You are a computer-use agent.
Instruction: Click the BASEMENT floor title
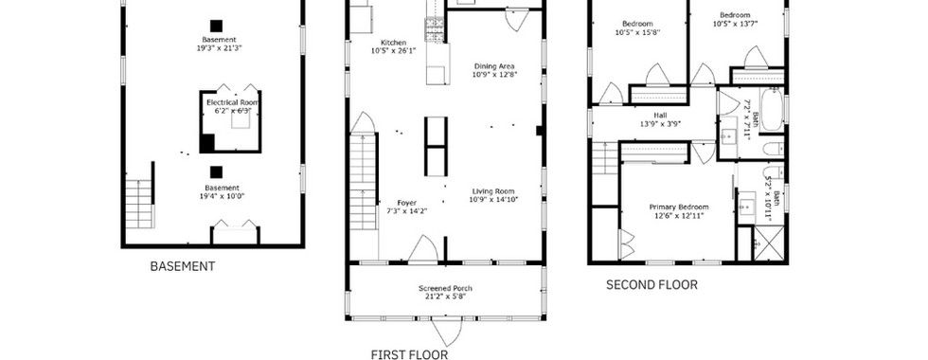coord(182,266)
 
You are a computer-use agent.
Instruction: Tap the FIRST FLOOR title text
coord(409,354)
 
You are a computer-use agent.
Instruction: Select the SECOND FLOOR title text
coord(651,285)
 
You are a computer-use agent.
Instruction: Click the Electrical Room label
coord(233,102)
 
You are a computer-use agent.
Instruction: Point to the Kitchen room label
coord(394,43)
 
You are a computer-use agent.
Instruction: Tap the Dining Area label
coord(493,66)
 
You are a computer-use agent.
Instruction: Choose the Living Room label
coord(493,190)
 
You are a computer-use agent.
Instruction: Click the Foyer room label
coord(406,203)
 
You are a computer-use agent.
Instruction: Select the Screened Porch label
coord(446,288)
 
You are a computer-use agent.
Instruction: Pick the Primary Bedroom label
coord(679,207)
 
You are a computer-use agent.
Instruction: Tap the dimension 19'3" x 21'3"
coord(220,48)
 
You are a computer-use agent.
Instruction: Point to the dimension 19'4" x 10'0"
coord(220,196)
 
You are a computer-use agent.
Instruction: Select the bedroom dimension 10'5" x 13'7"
coord(735,24)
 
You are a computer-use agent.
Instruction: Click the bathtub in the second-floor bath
coord(771,110)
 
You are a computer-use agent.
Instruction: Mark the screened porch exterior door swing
coord(446,333)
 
